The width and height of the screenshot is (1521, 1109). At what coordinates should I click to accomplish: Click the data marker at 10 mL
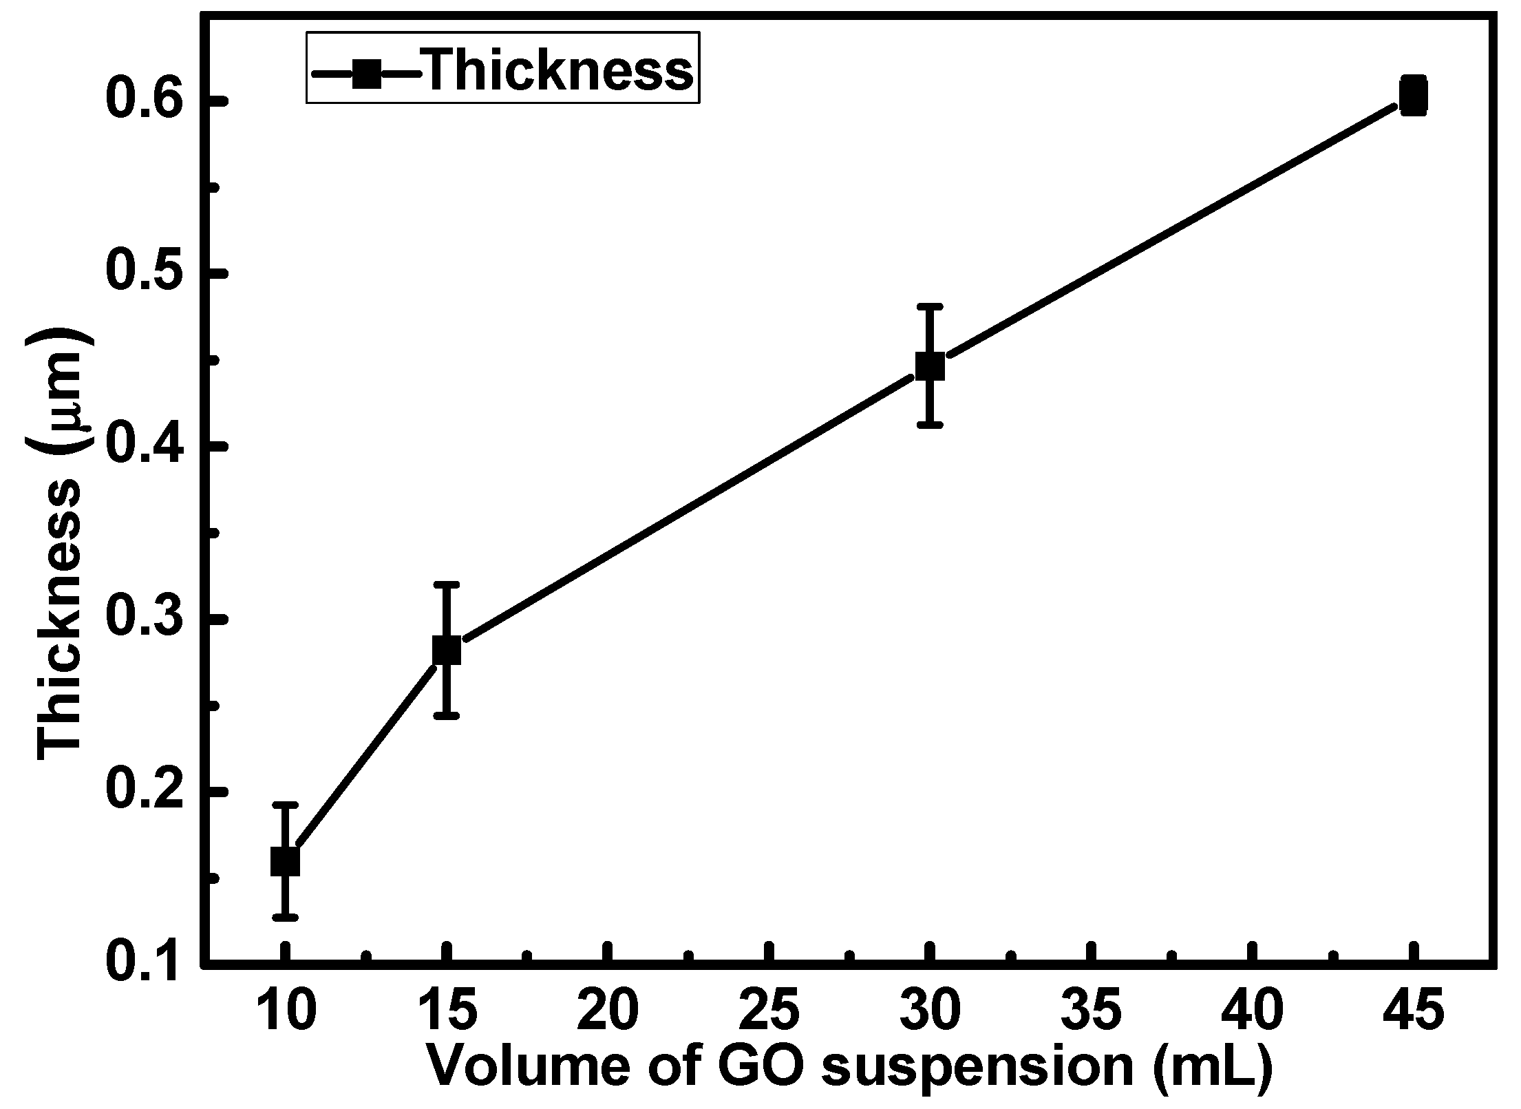tap(284, 861)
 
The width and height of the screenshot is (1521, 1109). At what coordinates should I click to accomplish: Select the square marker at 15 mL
tap(447, 650)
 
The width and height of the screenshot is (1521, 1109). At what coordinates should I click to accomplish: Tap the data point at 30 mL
tap(930, 366)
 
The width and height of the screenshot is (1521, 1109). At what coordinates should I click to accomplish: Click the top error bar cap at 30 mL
tap(930, 306)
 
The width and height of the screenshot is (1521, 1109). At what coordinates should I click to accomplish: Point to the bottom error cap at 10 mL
tap(284, 917)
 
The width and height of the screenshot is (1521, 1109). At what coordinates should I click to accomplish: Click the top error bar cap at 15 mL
tap(447, 584)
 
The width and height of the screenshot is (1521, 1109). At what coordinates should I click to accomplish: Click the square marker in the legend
tap(367, 72)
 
